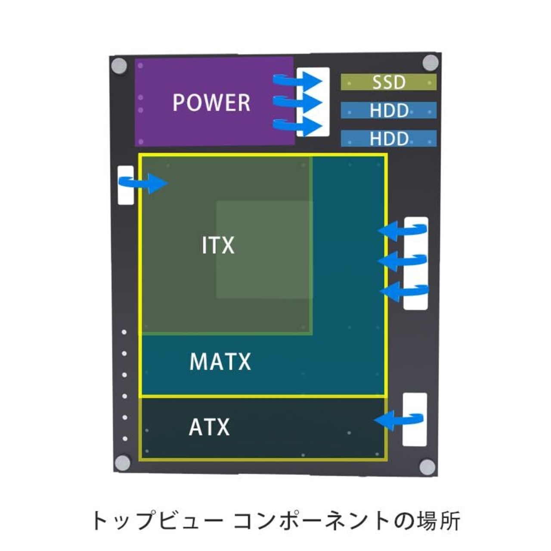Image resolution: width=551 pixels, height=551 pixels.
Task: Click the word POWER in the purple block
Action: (x=211, y=102)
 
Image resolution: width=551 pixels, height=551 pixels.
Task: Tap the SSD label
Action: (x=389, y=82)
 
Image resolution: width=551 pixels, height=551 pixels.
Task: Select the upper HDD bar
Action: (x=389, y=110)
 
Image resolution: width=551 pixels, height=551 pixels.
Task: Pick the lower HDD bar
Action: (x=389, y=138)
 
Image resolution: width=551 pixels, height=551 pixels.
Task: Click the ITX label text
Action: (x=218, y=245)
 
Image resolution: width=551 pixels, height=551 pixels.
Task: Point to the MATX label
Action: (x=220, y=362)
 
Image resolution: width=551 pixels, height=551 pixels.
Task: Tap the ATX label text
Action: (x=209, y=427)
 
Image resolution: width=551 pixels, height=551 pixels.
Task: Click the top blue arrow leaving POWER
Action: (x=297, y=81)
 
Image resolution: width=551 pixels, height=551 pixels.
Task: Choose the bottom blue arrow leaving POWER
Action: (x=297, y=126)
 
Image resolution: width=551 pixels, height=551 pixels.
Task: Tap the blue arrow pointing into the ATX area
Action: (x=398, y=420)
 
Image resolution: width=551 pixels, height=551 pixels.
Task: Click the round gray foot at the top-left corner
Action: (x=119, y=66)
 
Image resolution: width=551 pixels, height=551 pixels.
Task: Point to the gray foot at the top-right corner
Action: (x=430, y=62)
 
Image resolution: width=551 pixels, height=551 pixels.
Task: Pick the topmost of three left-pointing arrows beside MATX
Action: (x=402, y=230)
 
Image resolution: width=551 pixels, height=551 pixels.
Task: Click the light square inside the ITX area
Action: (x=264, y=250)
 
